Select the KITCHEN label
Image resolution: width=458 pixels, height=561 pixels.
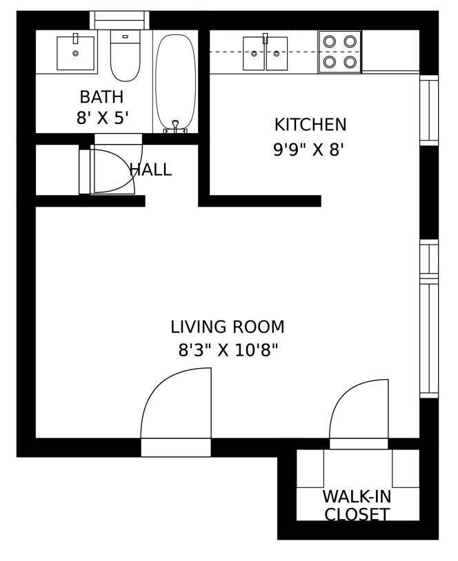click(310, 125)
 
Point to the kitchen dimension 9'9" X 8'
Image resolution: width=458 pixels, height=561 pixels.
click(308, 150)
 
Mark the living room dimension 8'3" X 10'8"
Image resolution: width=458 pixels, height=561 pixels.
click(228, 351)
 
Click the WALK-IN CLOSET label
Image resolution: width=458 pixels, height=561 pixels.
click(357, 505)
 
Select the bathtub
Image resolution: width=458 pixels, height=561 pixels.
click(175, 81)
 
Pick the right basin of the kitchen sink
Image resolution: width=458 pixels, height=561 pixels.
click(277, 54)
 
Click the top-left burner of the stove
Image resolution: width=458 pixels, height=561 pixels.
click(330, 41)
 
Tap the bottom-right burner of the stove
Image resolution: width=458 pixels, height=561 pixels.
click(350, 62)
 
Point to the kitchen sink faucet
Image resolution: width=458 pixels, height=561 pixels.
click(265, 38)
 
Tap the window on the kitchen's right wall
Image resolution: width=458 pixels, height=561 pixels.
click(428, 110)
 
